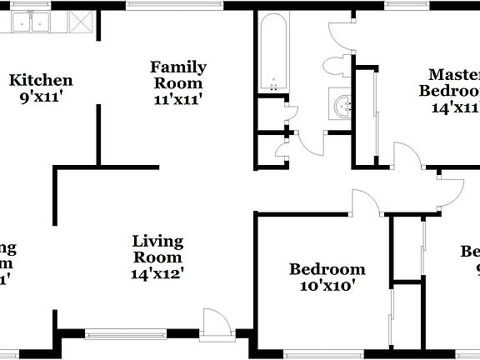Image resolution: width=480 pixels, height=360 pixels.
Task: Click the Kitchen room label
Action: coord(41,81)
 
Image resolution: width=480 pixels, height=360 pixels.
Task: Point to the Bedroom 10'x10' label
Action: coord(327,269)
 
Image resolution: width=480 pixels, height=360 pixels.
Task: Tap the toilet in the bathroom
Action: coord(337,66)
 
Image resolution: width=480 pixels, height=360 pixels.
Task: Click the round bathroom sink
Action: coord(343,105)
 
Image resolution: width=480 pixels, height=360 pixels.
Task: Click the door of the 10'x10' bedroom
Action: coord(365,202)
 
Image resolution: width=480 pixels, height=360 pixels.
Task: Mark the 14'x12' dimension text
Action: coord(157,272)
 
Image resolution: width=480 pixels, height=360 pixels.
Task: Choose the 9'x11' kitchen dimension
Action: coord(41,96)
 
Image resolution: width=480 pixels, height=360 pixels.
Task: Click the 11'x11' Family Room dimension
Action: coord(178,98)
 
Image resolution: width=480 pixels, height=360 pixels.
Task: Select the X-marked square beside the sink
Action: coord(78,22)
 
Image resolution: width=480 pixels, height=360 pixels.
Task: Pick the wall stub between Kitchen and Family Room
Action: coord(98,134)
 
